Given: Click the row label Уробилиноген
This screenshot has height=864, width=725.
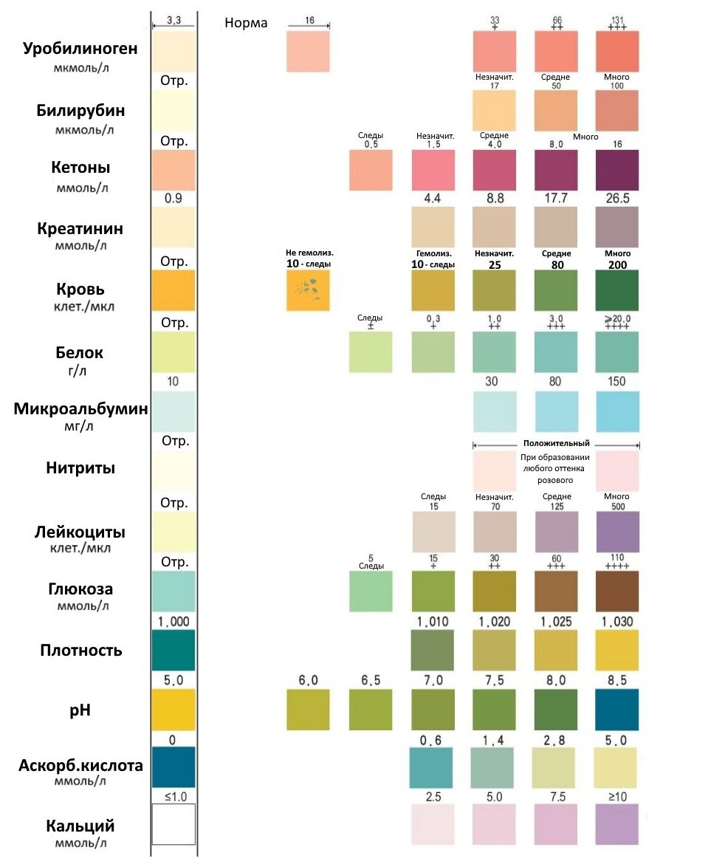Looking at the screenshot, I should point(80,49).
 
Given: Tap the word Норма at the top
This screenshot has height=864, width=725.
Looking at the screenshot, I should point(246,23).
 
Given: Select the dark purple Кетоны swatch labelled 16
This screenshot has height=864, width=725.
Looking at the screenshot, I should point(617,171).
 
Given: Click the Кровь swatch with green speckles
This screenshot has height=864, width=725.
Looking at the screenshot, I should point(308,290).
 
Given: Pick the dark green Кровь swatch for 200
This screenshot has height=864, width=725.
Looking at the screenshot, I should point(617,290).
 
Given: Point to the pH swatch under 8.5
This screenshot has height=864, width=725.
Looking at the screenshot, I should point(617,710).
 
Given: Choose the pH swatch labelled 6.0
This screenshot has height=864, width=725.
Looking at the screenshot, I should point(308,710).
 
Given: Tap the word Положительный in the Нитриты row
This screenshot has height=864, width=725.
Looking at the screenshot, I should point(556,444).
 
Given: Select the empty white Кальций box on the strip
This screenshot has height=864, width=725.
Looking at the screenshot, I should point(173,824).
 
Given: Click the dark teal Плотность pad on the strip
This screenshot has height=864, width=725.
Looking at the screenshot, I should point(173,650).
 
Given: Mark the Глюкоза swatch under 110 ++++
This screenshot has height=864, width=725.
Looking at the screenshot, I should point(617,591).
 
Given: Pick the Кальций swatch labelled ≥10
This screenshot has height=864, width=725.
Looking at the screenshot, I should point(617,824).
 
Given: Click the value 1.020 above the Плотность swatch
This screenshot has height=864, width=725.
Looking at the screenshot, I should point(494,622).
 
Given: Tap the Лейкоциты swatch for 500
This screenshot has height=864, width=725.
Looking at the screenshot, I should point(617,532).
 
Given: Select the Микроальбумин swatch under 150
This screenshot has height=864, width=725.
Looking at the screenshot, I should point(617,411).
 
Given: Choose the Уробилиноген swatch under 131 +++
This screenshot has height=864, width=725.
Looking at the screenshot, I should point(617,51).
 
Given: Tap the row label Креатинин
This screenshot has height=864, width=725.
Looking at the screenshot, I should point(80,228).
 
